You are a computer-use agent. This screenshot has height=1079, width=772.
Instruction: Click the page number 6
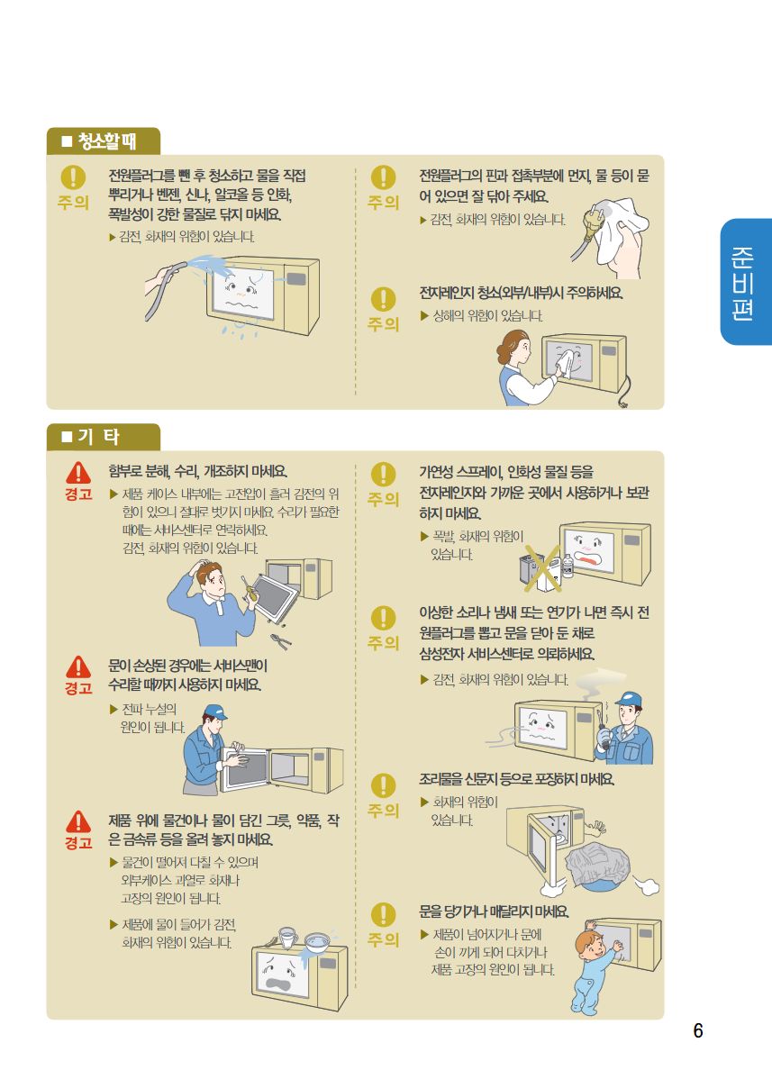(698, 1030)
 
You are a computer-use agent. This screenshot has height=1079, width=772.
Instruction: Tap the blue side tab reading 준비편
(746, 282)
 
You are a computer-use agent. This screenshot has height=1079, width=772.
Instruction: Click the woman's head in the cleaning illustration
(514, 347)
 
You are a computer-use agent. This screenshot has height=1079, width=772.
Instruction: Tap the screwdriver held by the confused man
(249, 588)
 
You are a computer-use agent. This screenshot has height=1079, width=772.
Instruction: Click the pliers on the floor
(281, 640)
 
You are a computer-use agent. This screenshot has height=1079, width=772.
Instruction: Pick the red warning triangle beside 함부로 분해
(78, 474)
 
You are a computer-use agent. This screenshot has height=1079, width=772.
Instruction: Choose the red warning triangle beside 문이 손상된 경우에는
(78, 666)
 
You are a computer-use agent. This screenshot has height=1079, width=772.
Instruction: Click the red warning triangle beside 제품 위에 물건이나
(78, 821)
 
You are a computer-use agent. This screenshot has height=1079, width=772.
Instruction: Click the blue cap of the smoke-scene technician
(629, 701)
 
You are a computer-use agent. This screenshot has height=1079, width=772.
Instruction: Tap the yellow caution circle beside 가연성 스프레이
(383, 475)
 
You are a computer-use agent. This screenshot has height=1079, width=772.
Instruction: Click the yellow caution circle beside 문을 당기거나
(383, 914)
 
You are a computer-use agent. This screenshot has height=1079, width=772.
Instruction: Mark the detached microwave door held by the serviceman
(244, 768)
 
